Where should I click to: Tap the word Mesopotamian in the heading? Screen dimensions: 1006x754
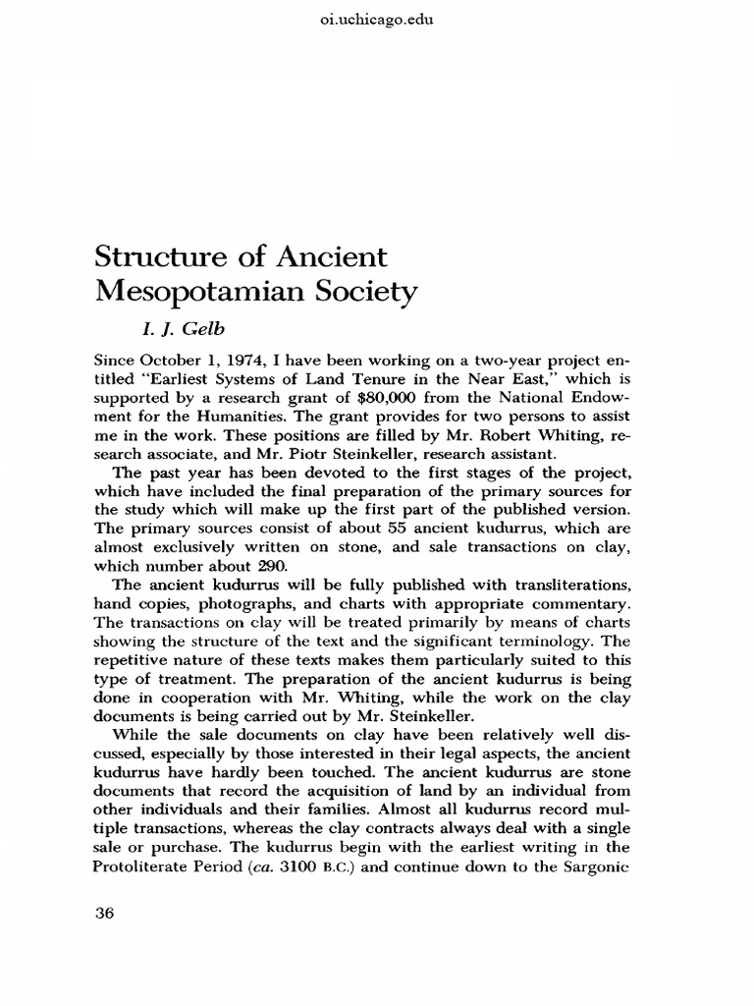[x=201, y=293]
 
